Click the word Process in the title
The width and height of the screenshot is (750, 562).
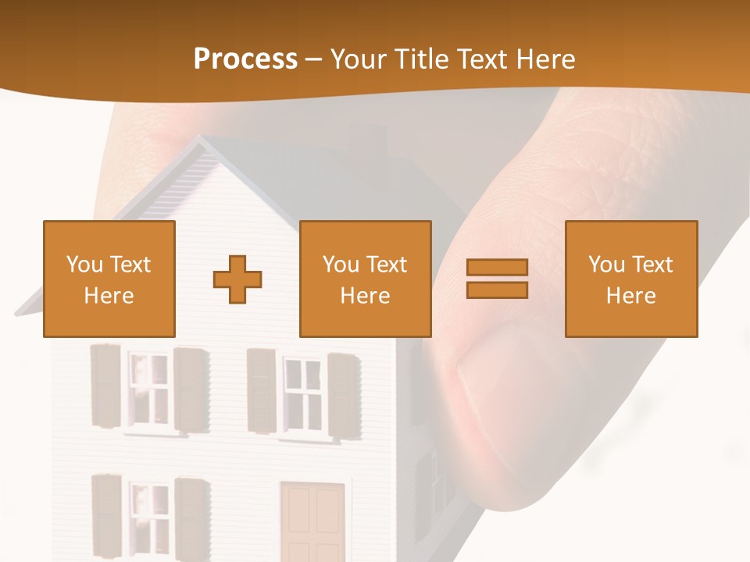[245, 59]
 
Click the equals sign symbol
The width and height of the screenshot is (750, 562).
[497, 279]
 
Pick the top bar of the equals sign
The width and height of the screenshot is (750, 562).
[497, 268]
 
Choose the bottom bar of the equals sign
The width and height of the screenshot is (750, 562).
[497, 290]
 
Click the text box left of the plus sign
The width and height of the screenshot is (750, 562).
[109, 279]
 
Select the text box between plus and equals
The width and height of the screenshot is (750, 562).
[365, 279]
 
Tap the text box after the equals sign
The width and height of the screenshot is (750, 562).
[630, 279]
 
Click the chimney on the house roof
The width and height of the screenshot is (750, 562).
[368, 140]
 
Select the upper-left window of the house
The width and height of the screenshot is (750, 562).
[148, 388]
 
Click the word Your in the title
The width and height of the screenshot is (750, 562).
[361, 59]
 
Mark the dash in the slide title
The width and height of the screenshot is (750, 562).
[314, 59]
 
